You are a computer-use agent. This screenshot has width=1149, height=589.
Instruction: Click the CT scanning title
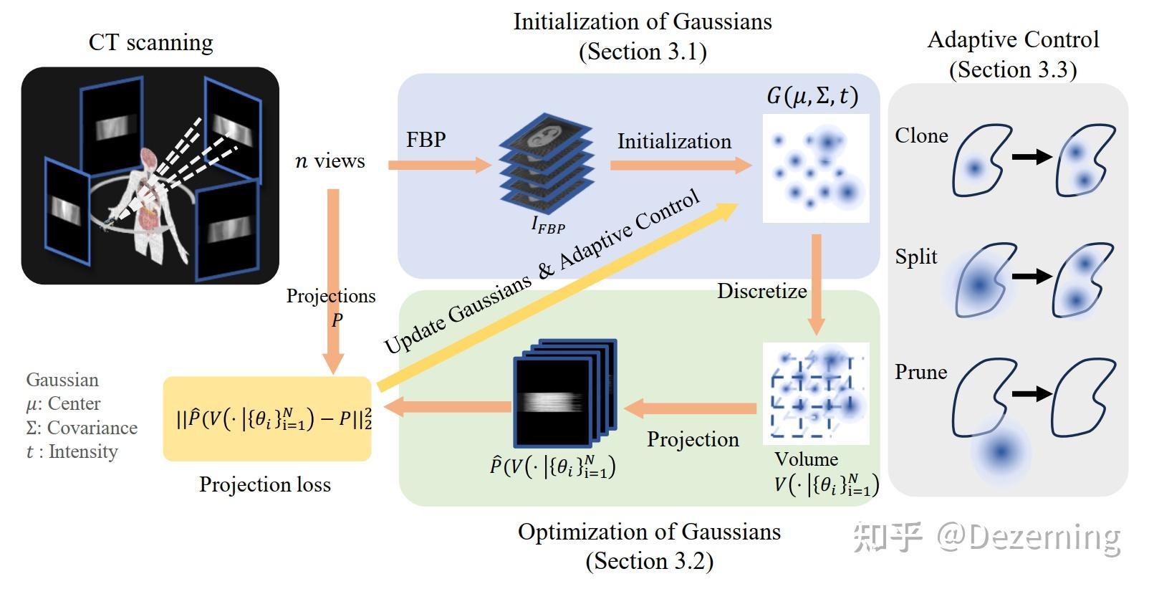pos(151,42)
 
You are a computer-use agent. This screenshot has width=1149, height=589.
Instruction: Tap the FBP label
pos(426,139)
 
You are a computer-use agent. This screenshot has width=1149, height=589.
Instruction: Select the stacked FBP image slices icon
pos(547,163)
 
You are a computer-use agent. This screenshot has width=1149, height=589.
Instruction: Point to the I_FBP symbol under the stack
pos(548,225)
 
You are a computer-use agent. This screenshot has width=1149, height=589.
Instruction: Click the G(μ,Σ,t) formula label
pos(812,95)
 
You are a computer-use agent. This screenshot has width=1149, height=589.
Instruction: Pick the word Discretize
pos(761,291)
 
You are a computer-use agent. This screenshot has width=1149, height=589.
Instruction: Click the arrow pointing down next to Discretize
pos(816,284)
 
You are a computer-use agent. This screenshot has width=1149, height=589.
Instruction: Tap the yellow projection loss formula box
pos(267,418)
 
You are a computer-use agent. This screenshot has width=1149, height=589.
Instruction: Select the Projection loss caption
pos(264,484)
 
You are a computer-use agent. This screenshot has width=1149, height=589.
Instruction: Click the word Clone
pos(921,135)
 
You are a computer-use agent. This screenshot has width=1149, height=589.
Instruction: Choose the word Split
pos(915,257)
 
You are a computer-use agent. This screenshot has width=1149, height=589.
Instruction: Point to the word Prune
pos(920,372)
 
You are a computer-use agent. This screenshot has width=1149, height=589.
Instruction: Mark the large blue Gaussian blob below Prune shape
pos(1001,452)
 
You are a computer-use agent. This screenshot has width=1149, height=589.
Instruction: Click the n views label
pos(330,161)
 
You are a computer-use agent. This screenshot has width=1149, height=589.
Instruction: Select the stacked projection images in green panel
pos(564,393)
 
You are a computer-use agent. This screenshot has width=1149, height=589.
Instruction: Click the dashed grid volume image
pos(816,393)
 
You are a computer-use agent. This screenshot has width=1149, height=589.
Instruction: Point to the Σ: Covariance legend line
pos(82,427)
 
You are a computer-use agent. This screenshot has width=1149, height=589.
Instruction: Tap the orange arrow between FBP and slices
pos(440,165)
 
